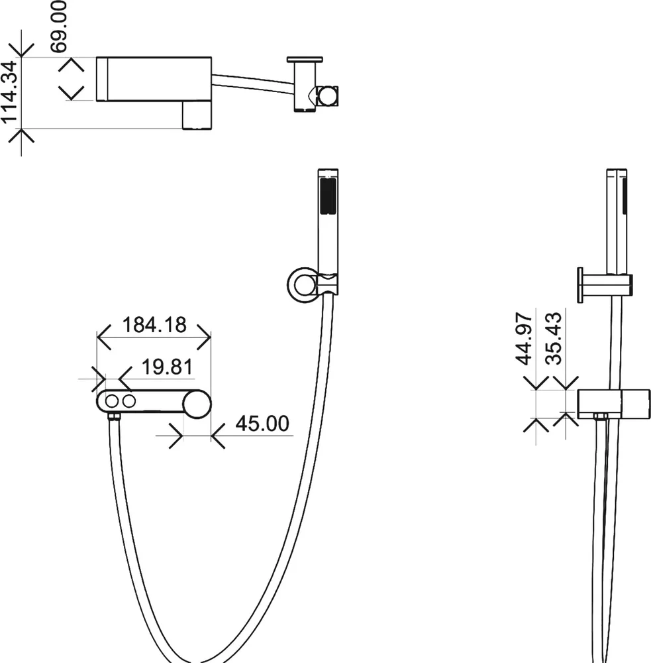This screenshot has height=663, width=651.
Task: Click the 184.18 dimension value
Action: [154, 325]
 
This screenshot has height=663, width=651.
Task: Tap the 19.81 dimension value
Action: [168, 367]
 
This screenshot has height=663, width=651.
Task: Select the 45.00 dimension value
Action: [262, 423]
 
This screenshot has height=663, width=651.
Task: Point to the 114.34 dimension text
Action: [10, 92]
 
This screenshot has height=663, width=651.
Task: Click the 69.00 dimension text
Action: [58, 27]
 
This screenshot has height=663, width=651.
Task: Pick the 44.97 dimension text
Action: [525, 338]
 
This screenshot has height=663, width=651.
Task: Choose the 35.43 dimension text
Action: [554, 338]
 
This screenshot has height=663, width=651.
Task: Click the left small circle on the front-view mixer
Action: [112, 401]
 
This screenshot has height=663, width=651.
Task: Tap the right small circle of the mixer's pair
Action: [128, 401]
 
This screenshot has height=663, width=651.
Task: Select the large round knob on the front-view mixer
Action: [197, 404]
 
